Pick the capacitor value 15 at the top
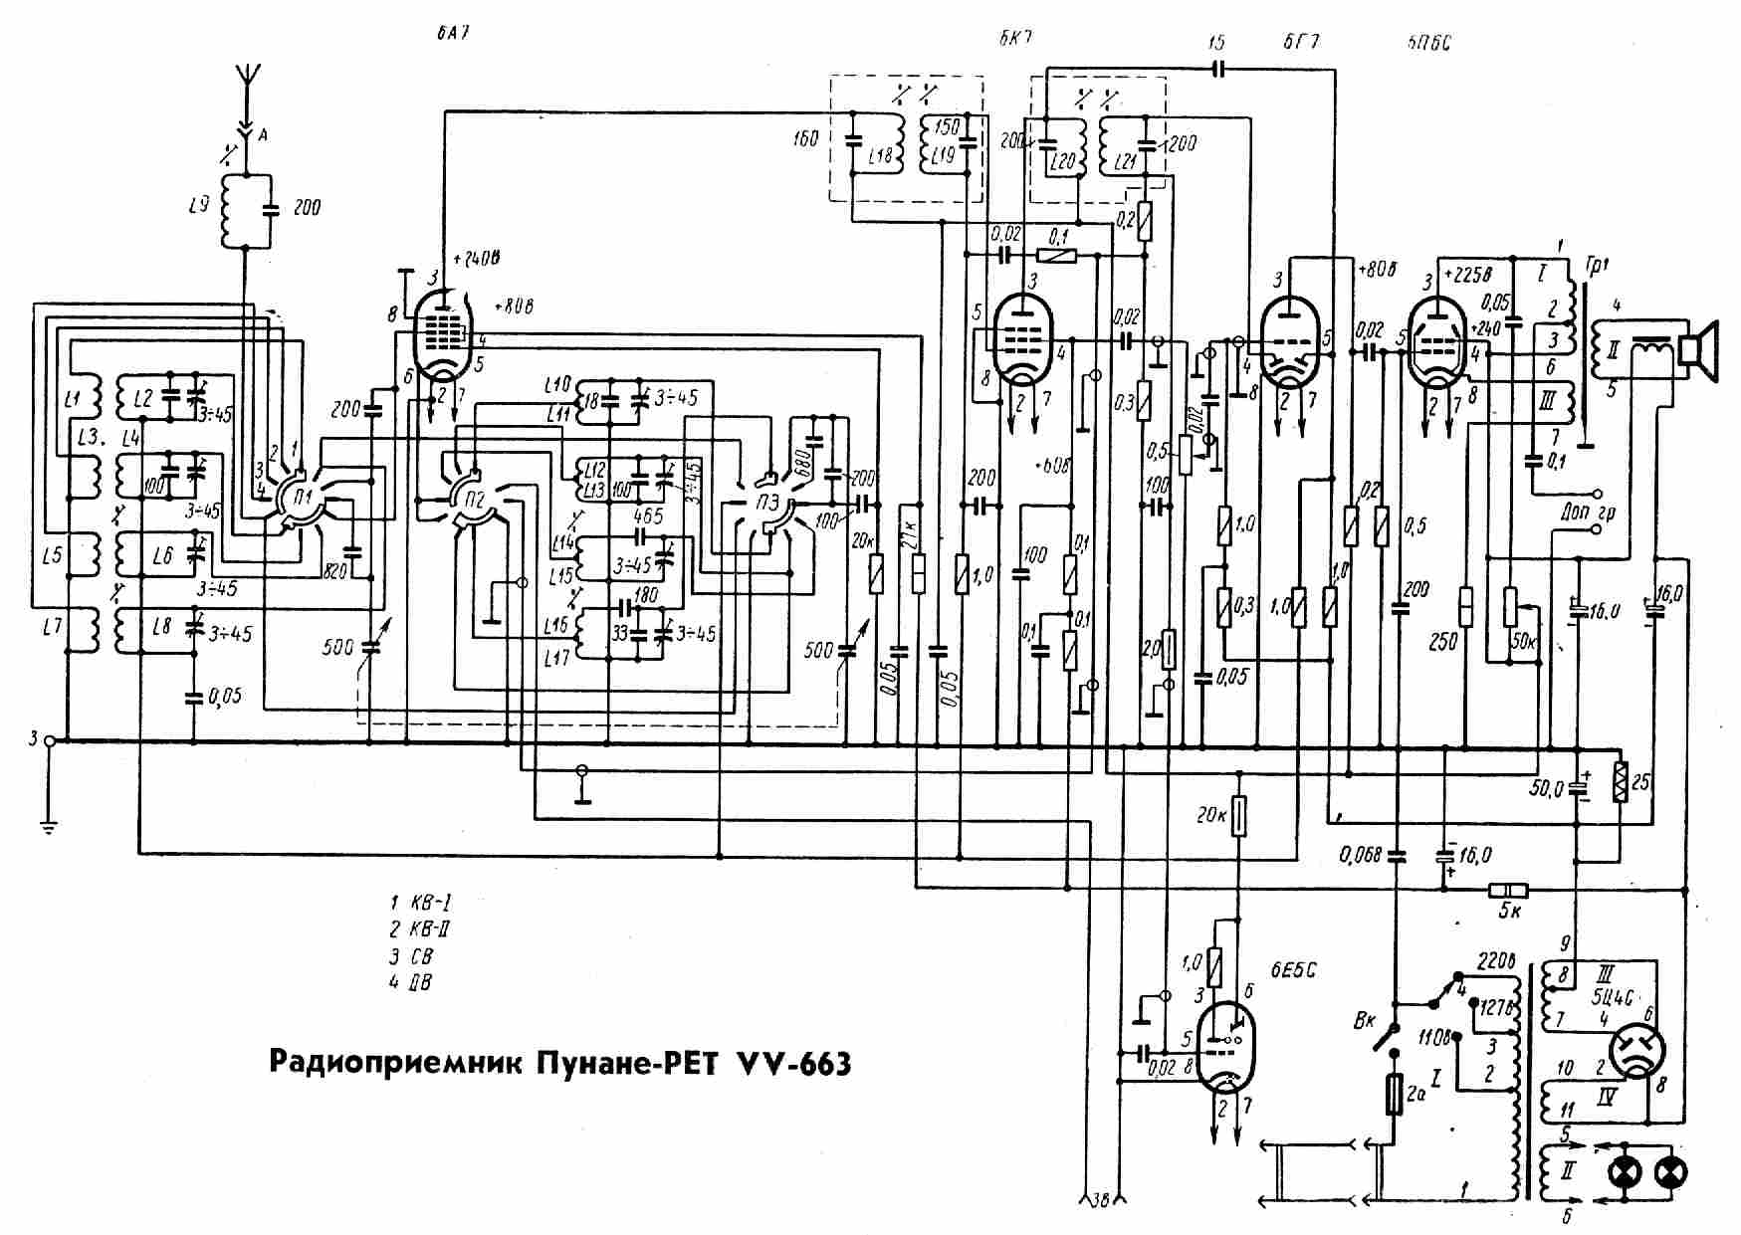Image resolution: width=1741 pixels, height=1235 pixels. click(x=1216, y=44)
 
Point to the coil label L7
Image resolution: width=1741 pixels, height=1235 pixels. click(x=52, y=627)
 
